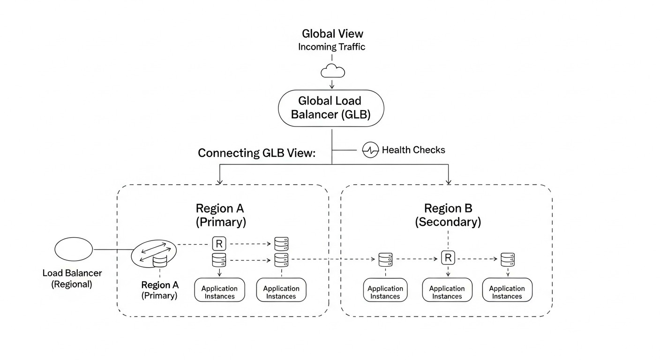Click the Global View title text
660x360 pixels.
(332, 34)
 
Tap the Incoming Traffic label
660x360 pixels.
(331, 47)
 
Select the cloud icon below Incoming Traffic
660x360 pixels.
(332, 71)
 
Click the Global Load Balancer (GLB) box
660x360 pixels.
(331, 108)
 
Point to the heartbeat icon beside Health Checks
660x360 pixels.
(370, 150)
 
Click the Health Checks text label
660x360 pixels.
(413, 150)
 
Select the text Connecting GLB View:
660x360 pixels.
(256, 153)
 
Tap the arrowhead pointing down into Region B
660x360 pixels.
(449, 181)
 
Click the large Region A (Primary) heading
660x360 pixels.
(220, 215)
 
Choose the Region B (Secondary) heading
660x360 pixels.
(448, 215)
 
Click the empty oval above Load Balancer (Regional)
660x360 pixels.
(74, 249)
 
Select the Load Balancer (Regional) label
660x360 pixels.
(72, 278)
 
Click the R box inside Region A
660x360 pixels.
(219, 243)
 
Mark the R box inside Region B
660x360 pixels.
(448, 257)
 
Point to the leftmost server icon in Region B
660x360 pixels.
(385, 259)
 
